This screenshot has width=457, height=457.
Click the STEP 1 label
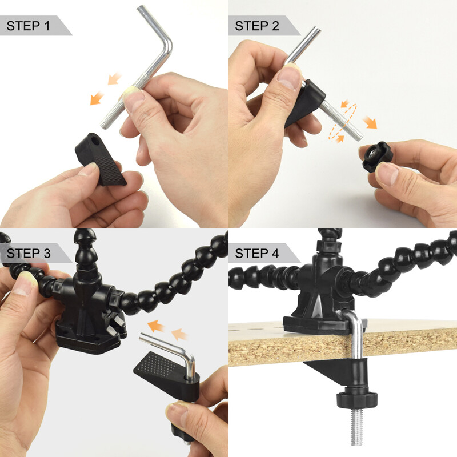pos(28,26)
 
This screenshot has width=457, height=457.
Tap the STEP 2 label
pos(257,26)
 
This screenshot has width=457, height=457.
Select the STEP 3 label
pos(29,254)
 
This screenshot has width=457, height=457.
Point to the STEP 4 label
pos(257,254)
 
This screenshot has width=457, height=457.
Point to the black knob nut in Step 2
pos(378,156)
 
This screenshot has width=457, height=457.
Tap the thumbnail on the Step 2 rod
pos(288,77)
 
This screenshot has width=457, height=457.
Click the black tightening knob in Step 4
pos(356,398)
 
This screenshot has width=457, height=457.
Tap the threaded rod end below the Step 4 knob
pos(356,427)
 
